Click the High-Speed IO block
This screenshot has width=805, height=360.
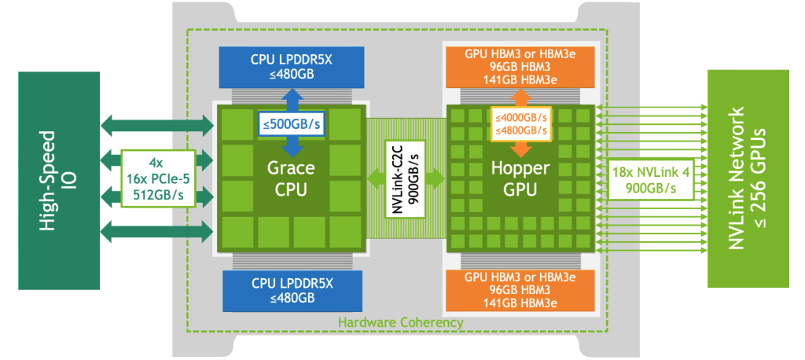59,180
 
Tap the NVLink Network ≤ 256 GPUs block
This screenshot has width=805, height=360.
748,178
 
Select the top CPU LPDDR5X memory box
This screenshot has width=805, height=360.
292,68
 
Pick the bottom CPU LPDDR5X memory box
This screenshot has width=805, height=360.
292,291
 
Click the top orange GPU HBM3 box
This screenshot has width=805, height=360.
520,68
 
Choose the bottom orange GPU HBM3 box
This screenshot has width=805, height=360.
520,290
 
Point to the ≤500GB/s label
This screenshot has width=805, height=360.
291,124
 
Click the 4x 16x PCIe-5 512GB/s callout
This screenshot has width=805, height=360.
159,178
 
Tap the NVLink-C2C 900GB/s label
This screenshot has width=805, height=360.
406,178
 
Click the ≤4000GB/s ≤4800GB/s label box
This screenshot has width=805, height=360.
521,123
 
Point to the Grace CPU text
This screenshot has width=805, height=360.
291,178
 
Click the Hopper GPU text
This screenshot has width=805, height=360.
520,178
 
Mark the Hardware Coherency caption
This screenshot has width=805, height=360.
400,323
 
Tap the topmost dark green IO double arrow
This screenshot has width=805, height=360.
157,123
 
